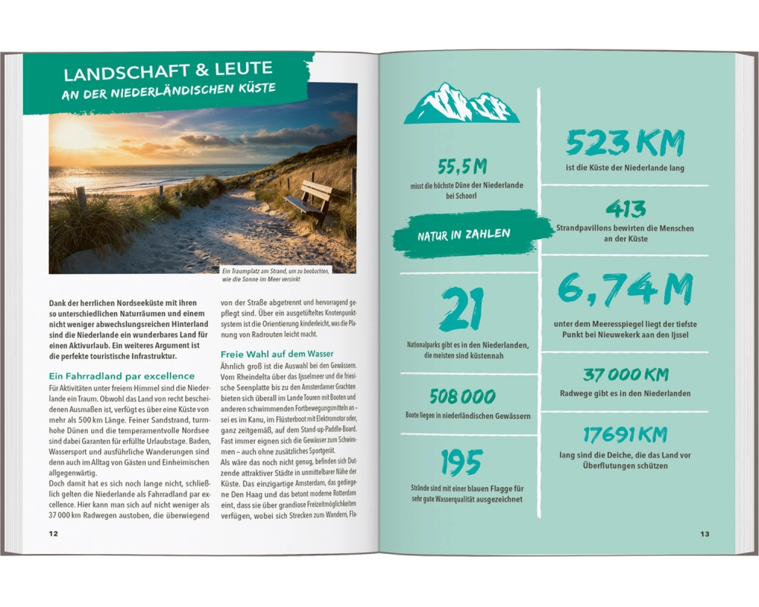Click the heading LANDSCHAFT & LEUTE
tap(168, 73)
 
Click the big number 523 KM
tap(625, 143)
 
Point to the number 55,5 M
tap(461, 166)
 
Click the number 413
tap(625, 209)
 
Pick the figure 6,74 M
tap(625, 290)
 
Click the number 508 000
tap(462, 396)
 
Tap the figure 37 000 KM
tap(625, 375)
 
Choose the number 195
tap(461, 462)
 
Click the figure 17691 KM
tap(625, 435)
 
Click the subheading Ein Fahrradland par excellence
tap(121, 376)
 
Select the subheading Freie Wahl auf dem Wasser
tap(277, 354)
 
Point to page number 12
tap(53, 533)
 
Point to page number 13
tap(704, 533)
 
